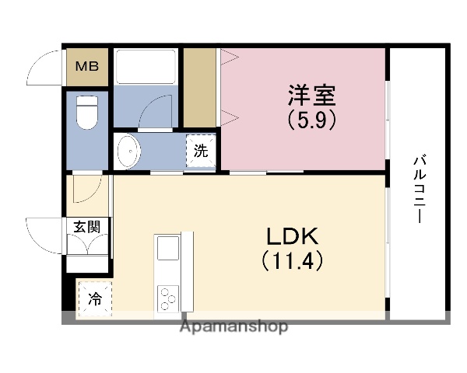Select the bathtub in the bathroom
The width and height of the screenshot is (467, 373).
point(146,65)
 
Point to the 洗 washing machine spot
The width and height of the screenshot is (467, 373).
point(201,151)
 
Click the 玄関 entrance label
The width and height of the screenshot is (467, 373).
point(87,227)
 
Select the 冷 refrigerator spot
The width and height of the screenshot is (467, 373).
point(94,298)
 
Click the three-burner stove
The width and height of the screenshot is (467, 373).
point(168,297)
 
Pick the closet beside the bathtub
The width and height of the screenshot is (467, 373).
point(199,85)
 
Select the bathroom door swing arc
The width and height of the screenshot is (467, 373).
point(156,112)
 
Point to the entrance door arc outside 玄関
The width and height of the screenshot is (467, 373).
point(45,232)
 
